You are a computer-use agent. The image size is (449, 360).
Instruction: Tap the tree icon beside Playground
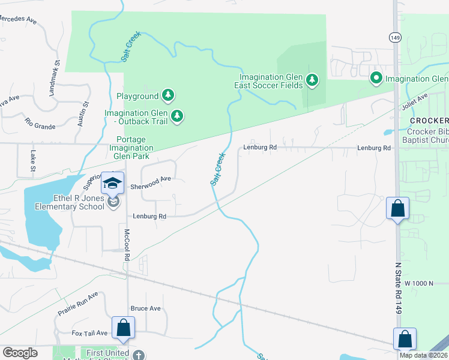pos(169,95)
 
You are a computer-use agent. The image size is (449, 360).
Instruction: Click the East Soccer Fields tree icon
pos(311,80)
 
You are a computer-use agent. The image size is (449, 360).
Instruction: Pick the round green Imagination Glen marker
pos(376,78)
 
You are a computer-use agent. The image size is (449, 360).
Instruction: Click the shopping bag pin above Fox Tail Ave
pos(123,328)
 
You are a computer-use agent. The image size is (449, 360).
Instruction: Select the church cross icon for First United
pos(139,355)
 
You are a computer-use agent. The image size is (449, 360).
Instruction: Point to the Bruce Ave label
pos(146,308)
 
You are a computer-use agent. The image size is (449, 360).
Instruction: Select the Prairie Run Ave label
pos(77,304)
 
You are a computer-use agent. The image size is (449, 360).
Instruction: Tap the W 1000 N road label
pos(418,283)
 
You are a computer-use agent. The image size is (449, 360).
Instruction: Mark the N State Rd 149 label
pos(397,288)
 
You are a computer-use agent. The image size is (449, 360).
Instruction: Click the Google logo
pos(20,352)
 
